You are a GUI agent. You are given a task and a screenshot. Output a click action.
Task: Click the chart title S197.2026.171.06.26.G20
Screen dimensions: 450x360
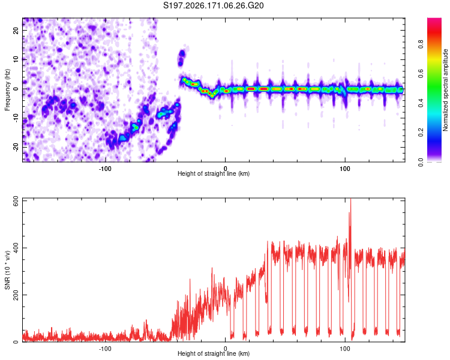(x=213, y=5)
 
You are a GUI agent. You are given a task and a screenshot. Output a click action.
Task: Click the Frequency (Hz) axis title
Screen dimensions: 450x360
(x=7, y=90)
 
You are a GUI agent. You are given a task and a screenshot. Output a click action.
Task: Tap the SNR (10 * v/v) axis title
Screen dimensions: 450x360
(x=7, y=270)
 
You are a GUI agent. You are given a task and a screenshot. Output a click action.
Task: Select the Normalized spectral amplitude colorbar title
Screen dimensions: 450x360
(x=445, y=90)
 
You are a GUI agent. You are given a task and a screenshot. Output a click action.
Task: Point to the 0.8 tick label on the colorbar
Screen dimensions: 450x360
(x=421, y=44)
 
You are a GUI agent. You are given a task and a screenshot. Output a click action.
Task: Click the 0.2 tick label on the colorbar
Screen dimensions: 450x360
(x=421, y=133)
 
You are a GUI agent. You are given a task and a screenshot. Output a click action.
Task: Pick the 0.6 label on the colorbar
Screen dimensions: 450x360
(x=421, y=74)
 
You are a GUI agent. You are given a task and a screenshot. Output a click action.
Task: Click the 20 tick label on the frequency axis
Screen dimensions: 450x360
(x=16, y=31)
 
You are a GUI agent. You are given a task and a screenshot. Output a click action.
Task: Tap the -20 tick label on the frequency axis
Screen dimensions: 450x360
(x=16, y=147)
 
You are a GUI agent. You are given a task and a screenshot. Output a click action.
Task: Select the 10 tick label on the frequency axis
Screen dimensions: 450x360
(x=16, y=60)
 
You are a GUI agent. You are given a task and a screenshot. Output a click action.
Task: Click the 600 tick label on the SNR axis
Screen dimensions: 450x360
(x=16, y=201)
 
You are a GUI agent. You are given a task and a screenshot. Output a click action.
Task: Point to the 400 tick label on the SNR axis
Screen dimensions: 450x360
(x=16, y=248)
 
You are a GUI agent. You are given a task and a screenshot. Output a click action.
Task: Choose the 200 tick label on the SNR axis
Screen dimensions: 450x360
(x=16, y=295)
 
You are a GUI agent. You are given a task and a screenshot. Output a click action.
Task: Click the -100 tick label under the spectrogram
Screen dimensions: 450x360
(x=105, y=169)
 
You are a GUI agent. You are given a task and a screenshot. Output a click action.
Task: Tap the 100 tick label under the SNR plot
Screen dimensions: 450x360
(x=345, y=348)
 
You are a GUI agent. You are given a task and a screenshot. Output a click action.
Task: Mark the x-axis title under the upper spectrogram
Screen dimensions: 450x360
(x=214, y=173)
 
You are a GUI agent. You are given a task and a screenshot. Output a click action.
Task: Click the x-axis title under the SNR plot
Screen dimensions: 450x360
(x=214, y=353)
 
